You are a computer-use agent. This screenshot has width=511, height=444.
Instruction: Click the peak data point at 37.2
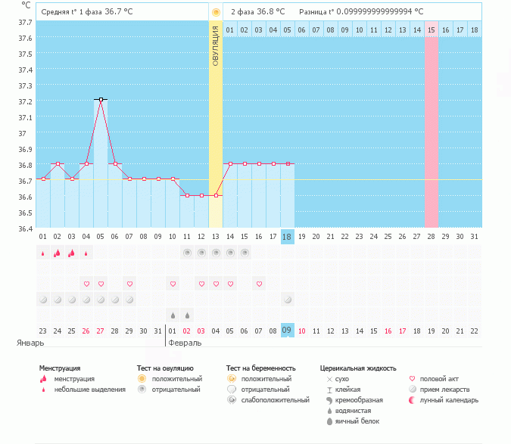101,99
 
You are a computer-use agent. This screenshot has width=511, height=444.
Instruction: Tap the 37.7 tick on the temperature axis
25,22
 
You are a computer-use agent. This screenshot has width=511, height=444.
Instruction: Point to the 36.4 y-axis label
25,228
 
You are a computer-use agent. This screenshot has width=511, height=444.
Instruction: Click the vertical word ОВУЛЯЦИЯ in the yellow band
216,46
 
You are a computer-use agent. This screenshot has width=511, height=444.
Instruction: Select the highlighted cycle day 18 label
287,237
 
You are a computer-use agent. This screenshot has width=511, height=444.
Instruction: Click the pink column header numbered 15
432,29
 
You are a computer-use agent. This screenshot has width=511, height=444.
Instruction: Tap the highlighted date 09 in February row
287,331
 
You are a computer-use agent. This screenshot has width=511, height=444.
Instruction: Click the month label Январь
30,343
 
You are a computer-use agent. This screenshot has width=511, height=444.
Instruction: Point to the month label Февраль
185,343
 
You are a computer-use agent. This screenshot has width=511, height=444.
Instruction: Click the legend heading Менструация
60,368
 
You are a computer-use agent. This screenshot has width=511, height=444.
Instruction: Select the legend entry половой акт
438,379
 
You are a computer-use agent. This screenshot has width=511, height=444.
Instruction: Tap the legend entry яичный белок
354,421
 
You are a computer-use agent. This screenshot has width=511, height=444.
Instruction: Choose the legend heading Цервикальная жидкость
358,368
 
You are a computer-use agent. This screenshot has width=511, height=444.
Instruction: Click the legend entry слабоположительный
275,400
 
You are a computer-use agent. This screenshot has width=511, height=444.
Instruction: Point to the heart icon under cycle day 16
259,284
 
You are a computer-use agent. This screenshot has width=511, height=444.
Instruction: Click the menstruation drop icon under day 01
43,253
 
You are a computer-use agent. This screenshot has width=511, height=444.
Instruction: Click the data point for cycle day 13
216,195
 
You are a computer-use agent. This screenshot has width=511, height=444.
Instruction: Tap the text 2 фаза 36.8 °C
258,12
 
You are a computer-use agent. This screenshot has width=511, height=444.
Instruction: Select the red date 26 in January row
86,331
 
